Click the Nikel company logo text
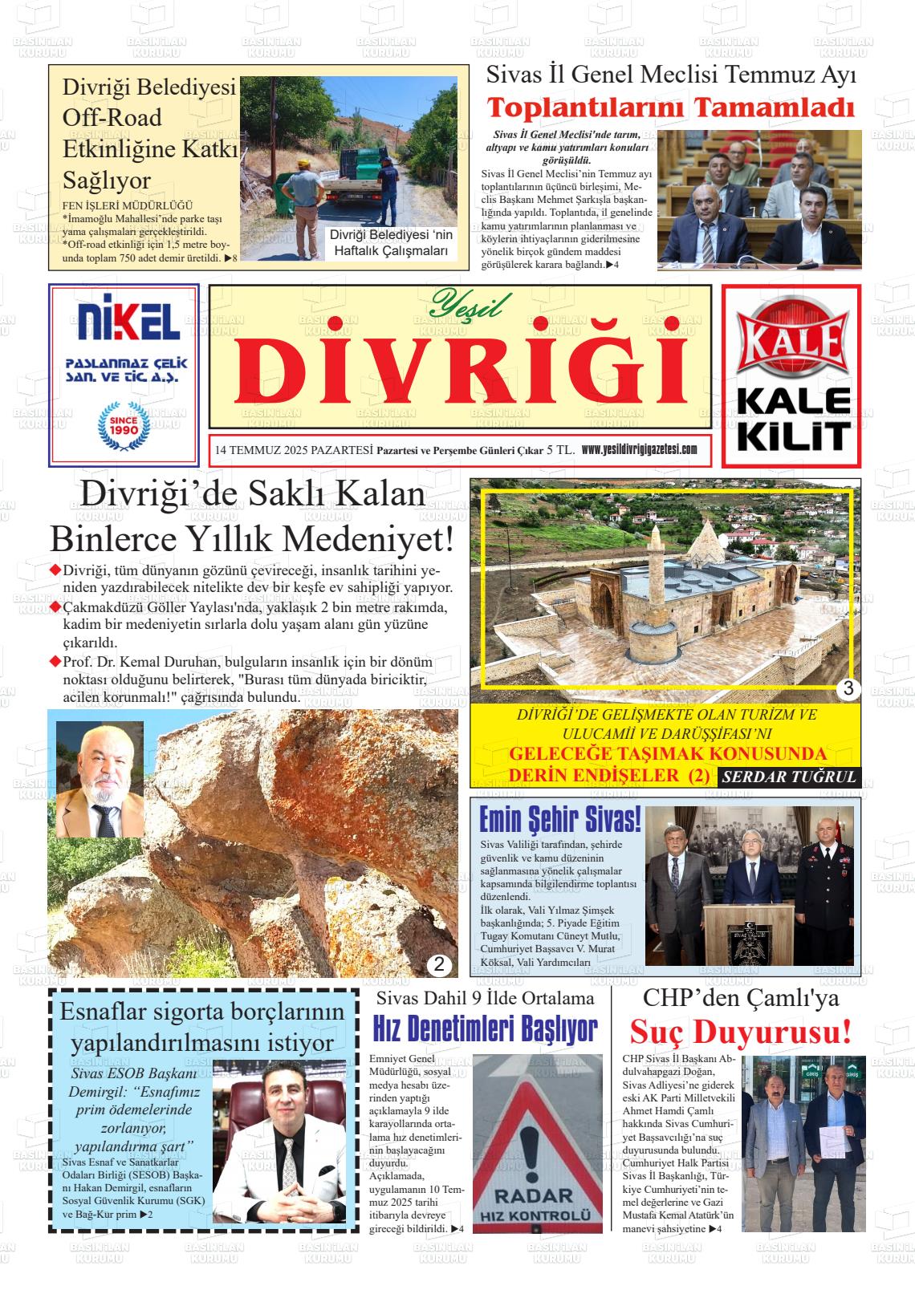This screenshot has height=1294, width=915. tap(124, 320)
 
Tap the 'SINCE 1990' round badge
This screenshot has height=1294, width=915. tap(124, 425)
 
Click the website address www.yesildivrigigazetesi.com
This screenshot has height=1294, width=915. tap(639, 450)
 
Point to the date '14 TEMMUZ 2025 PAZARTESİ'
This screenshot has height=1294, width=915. tap(294, 451)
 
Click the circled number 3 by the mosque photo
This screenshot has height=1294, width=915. tap(848, 688)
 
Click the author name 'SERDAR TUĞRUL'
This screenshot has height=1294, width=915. tap(789, 777)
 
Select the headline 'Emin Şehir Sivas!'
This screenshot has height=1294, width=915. tap(559, 820)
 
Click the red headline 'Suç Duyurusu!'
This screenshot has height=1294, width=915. tap(740, 1032)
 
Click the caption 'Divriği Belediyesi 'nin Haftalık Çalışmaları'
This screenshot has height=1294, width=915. tap(392, 243)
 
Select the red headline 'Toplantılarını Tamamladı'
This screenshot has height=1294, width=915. tap(671, 107)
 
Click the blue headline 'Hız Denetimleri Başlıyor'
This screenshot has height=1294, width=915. tap(486, 1029)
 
